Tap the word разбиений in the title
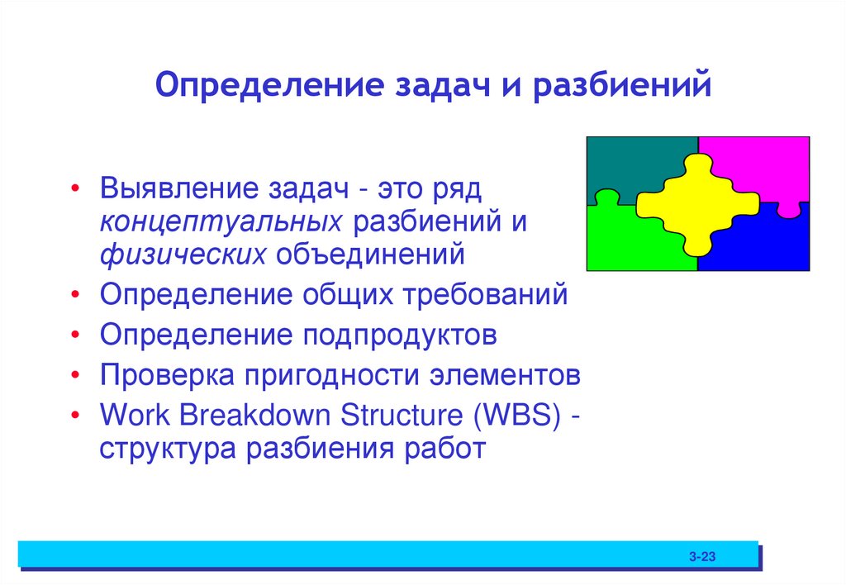(621, 87)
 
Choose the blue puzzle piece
(764, 244)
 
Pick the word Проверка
(165, 376)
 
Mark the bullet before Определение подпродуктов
(75, 335)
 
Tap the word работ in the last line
(446, 449)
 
